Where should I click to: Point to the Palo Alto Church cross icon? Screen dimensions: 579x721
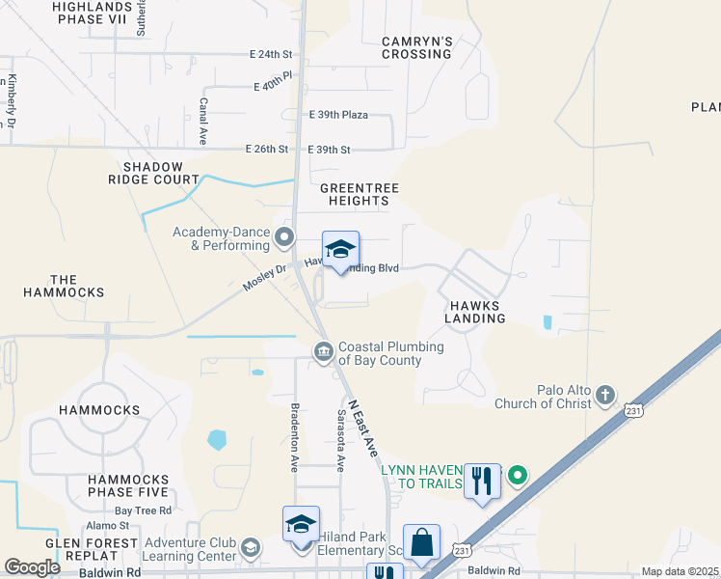pyautogui.click(x=604, y=395)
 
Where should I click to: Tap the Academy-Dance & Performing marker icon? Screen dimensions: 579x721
pyautogui.click(x=283, y=236)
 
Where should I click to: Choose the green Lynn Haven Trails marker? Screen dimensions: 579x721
pyautogui.click(x=518, y=475)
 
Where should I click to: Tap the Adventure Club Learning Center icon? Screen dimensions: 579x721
pyautogui.click(x=250, y=549)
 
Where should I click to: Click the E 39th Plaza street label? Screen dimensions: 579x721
pyautogui.click(x=338, y=115)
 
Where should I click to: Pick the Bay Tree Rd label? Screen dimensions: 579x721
pyautogui.click(x=143, y=510)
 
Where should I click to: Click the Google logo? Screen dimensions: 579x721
pyautogui.click(x=32, y=567)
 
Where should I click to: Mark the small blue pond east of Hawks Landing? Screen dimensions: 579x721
pyautogui.click(x=547, y=322)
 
